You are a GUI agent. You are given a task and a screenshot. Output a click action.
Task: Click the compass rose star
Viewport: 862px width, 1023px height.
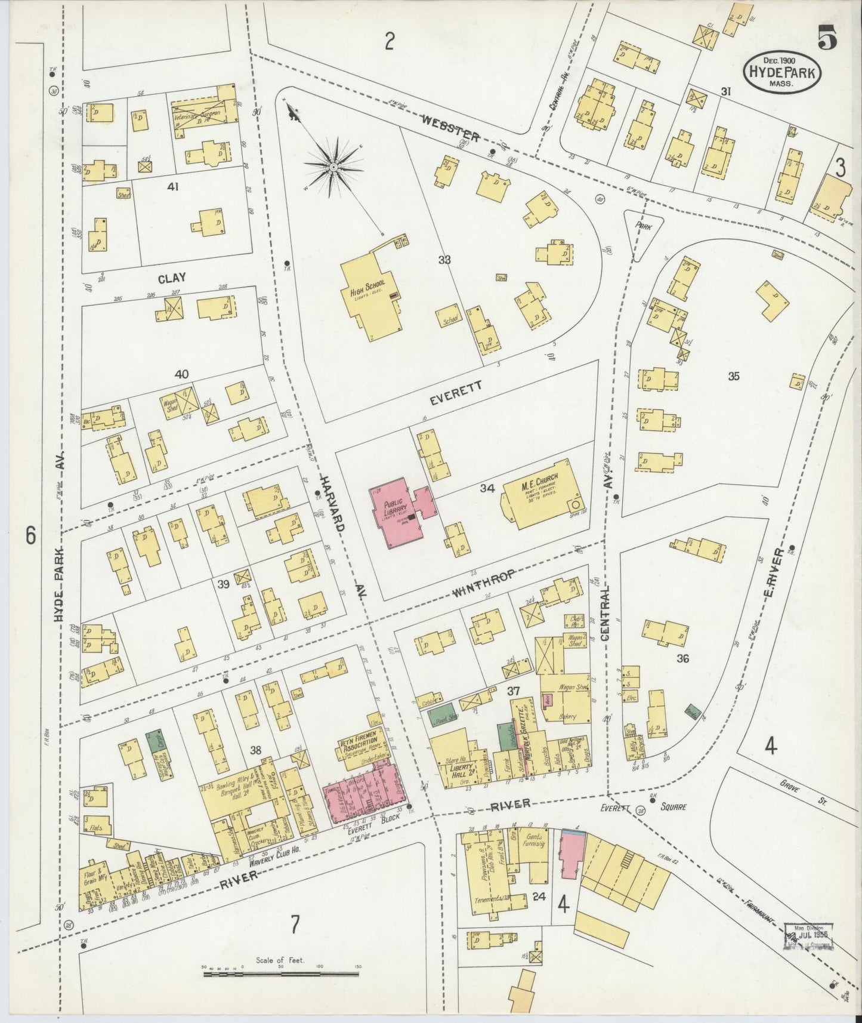click(x=334, y=165)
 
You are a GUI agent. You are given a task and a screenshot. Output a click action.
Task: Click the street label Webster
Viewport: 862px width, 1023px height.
click(x=450, y=128)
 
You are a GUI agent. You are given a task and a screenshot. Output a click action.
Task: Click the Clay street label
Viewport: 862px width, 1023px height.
click(x=172, y=278)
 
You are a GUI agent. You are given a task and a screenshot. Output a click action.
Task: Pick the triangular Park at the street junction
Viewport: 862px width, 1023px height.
click(x=644, y=230)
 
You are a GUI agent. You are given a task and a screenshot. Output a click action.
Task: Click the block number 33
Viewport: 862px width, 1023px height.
click(x=444, y=260)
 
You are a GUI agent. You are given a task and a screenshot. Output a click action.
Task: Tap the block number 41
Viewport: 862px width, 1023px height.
click(x=173, y=187)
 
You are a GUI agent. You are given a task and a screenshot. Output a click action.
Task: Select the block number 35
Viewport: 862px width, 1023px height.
click(x=734, y=376)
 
